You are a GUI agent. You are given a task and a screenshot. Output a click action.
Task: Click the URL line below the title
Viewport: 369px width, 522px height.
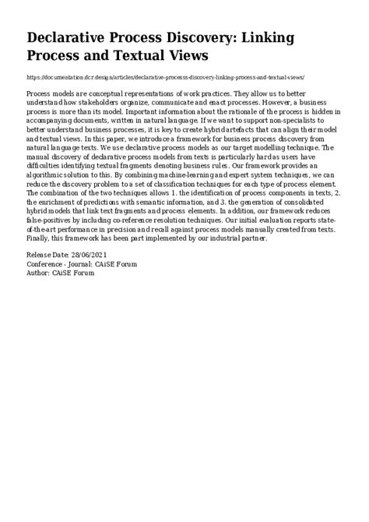click(x=165, y=78)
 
